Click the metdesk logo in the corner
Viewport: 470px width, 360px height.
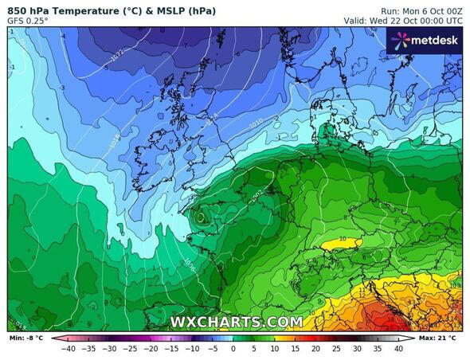(425, 40)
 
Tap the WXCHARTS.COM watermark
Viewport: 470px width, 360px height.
(236, 322)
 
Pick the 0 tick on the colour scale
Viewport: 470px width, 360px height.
(233, 348)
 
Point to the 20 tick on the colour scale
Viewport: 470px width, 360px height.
(315, 348)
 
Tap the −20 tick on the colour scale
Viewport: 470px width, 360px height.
(151, 348)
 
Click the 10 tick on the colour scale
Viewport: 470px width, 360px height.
(275, 348)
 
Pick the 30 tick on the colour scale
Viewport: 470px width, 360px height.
(357, 348)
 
